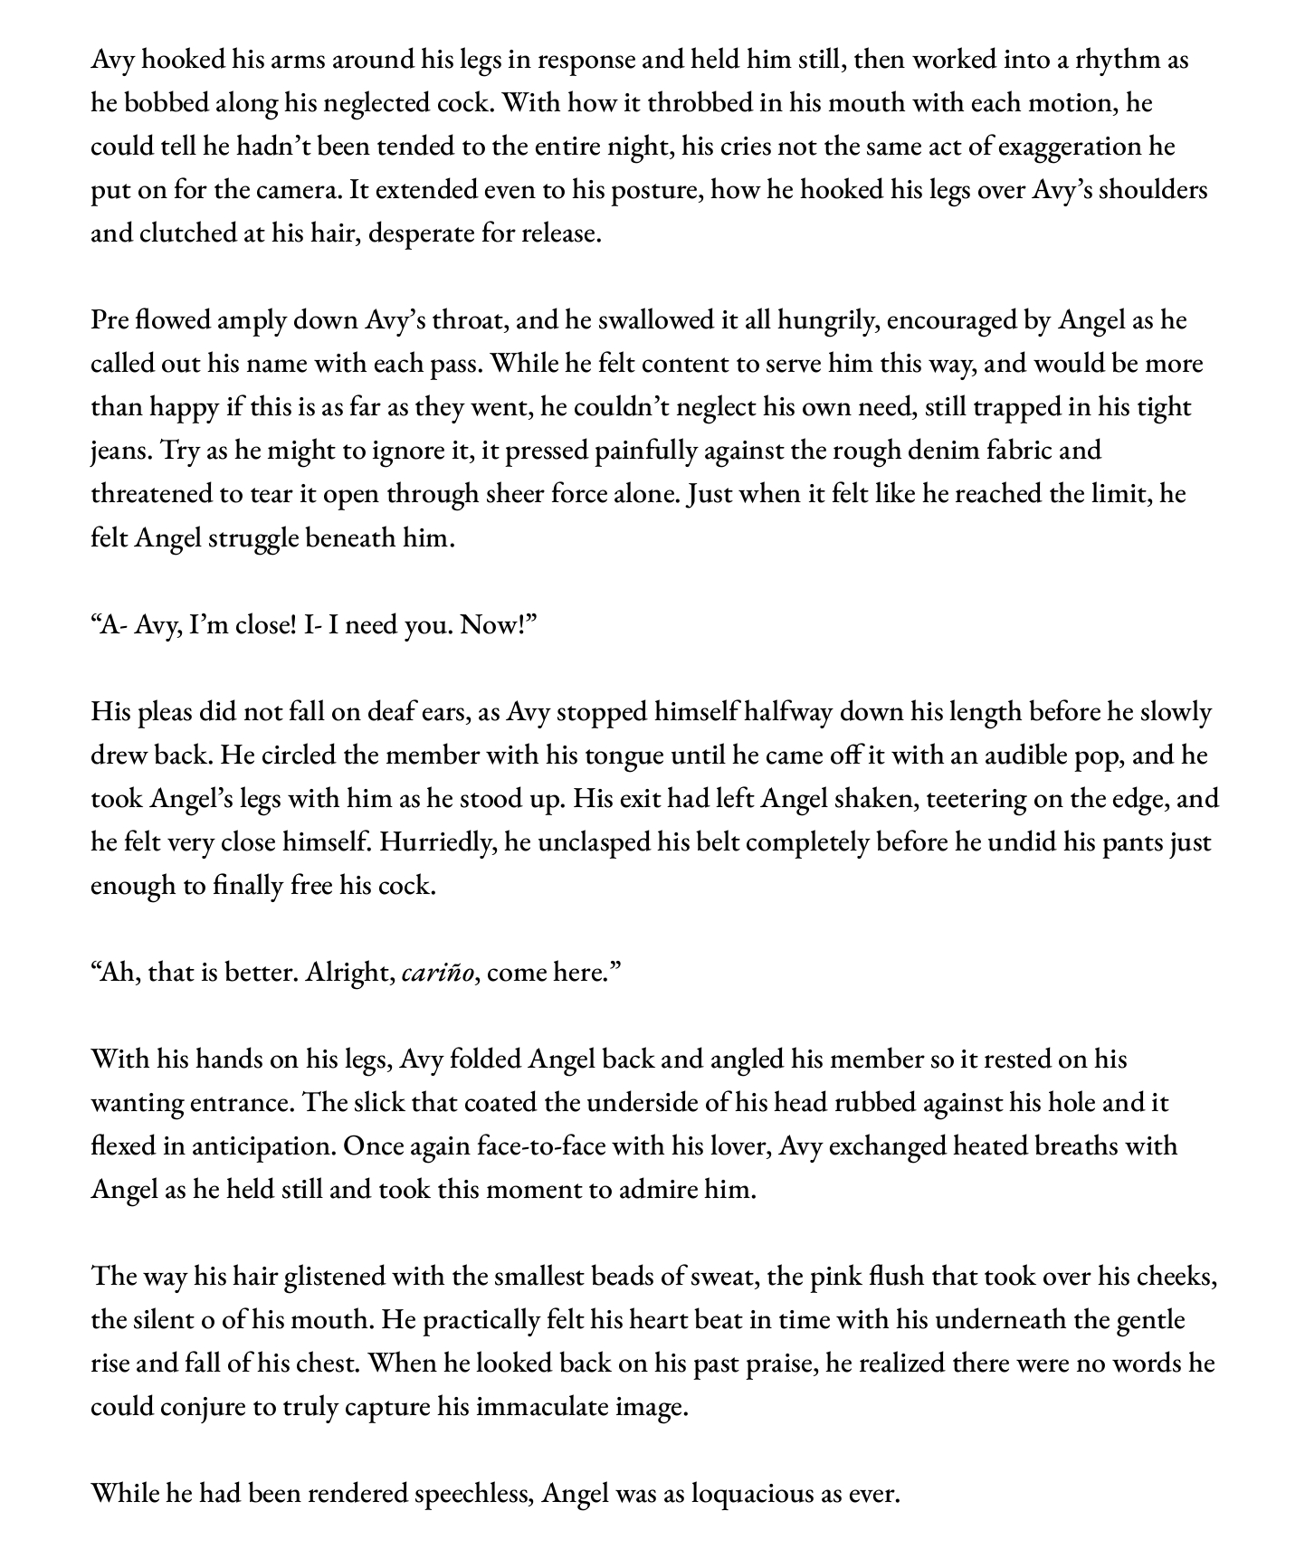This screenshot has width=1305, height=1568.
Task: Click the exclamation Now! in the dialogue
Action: click(x=499, y=624)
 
